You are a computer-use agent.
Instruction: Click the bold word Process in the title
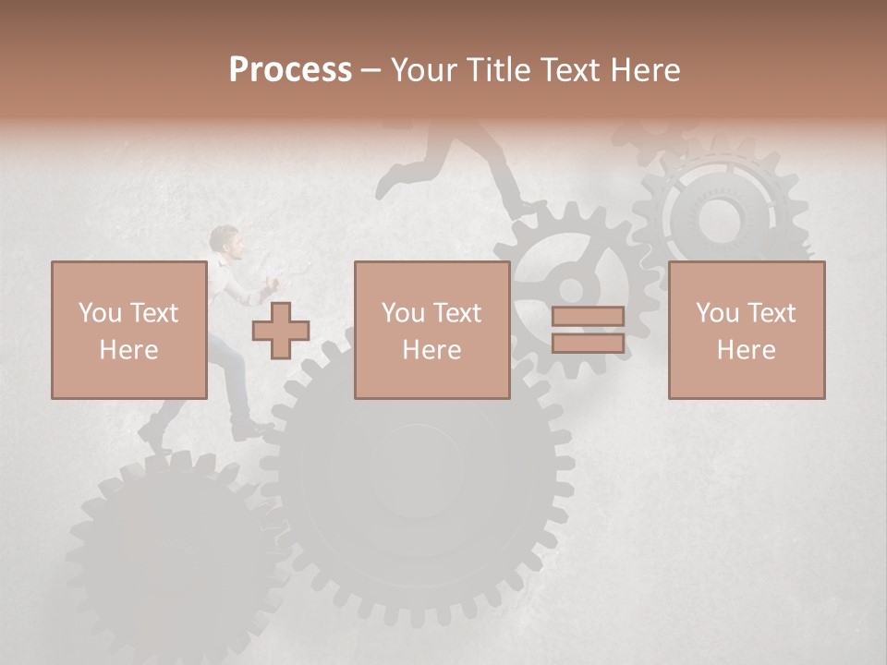290,70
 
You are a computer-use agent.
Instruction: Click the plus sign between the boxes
281,331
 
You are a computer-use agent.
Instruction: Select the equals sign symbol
588,331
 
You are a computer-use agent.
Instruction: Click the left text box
128,330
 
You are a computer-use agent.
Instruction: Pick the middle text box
431,330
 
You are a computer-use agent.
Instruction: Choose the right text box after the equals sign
746,330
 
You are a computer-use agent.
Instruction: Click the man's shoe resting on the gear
249,429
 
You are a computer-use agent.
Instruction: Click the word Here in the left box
128,350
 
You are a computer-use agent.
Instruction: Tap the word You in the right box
717,313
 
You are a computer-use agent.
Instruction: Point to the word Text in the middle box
458,313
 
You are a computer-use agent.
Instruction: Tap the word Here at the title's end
645,70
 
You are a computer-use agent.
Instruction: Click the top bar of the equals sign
588,317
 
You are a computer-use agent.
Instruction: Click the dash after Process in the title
371,70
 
